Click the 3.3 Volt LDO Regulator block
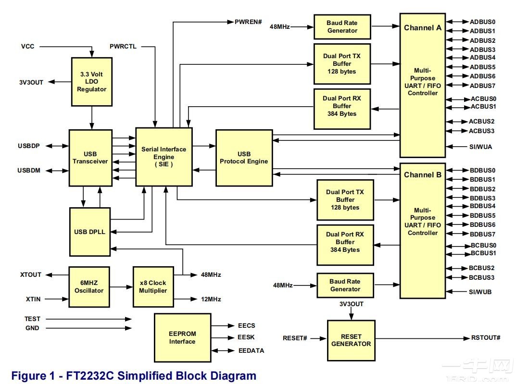pyautogui.click(x=91, y=82)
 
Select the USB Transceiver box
pyautogui.click(x=90, y=158)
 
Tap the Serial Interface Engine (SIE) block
pyautogui.click(x=164, y=157)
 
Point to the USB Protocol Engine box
pyautogui.click(x=244, y=158)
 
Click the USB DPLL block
pyautogui.click(x=89, y=232)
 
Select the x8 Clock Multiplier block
pyautogui.click(x=153, y=287)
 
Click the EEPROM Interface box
pyautogui.click(x=182, y=338)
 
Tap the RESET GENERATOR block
pyautogui.click(x=351, y=340)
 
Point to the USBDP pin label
pyautogui.click(x=28, y=146)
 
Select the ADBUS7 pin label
pyautogui.click(x=482, y=86)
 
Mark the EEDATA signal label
pyautogui.click(x=251, y=350)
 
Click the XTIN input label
pyautogui.click(x=33, y=299)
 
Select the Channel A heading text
pyautogui.click(x=422, y=27)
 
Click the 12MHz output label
pyautogui.click(x=211, y=299)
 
